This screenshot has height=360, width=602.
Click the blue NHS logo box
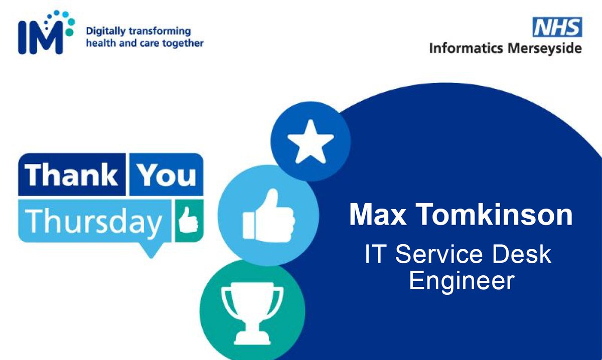coord(557,27)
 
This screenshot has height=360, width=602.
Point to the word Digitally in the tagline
coord(104,31)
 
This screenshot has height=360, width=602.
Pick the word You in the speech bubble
coord(166,174)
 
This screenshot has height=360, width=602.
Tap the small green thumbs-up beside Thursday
coord(189,220)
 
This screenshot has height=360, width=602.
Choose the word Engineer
coord(461,280)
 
